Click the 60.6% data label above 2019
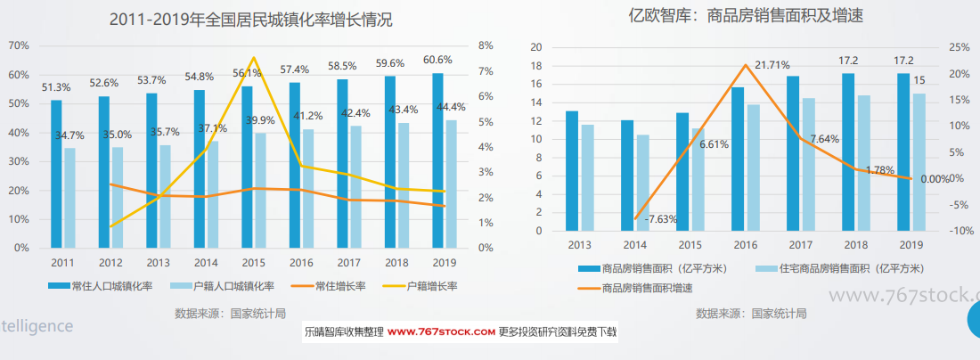(437, 61)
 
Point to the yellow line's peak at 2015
(253, 58)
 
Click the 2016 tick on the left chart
(301, 263)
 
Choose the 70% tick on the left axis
(20, 45)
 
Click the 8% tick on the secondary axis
(486, 45)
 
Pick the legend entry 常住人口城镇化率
(106, 286)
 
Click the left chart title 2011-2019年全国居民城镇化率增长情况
(250, 19)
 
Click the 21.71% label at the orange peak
(774, 65)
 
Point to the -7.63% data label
(663, 219)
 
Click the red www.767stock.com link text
(441, 331)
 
